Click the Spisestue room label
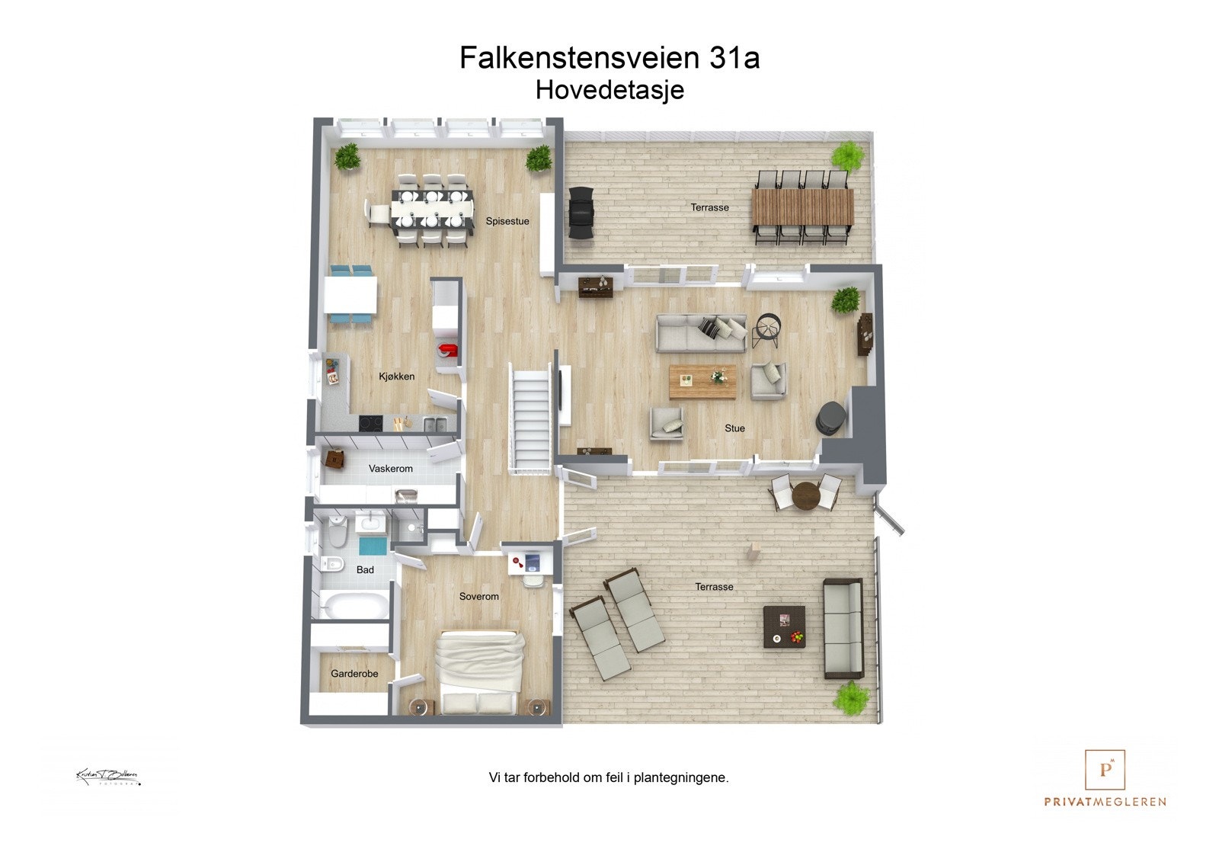click(507, 222)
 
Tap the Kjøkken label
click(397, 377)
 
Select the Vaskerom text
click(391, 469)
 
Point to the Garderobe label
click(354, 674)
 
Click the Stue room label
click(734, 428)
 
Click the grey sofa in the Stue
click(702, 334)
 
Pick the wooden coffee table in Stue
click(702, 382)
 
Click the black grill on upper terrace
click(581, 214)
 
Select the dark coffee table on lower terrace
click(784, 626)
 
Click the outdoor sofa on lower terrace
click(843, 628)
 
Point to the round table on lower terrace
click(806, 495)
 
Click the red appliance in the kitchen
click(446, 351)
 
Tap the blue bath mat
click(373, 546)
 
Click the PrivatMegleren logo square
click(1105, 770)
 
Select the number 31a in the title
click(734, 58)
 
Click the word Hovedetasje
click(609, 90)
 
